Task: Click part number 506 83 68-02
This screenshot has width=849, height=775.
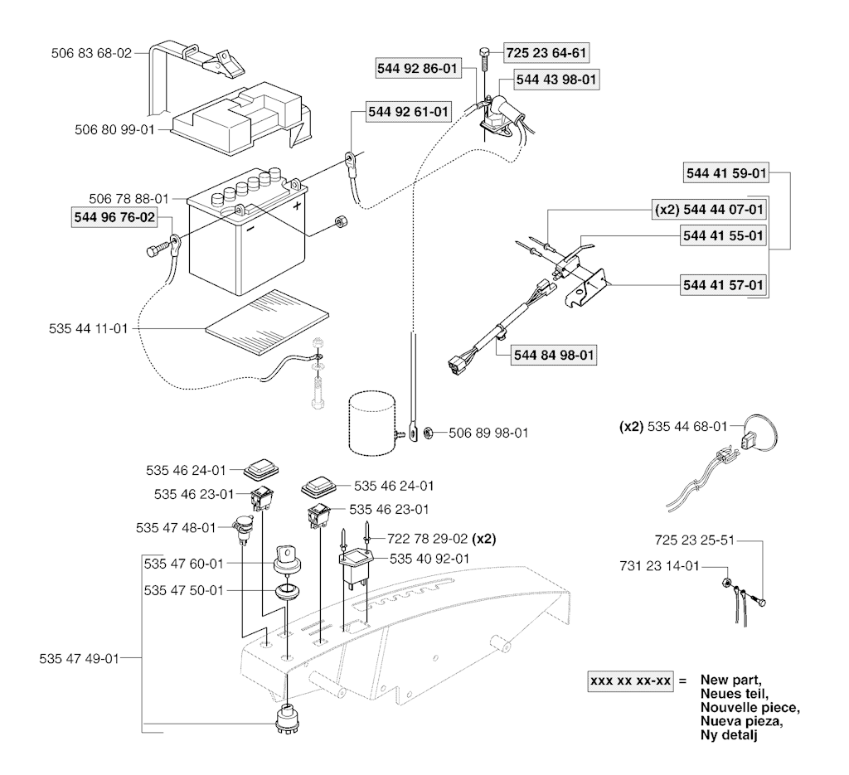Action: coord(91,53)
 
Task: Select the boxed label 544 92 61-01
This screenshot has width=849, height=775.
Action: coord(408,112)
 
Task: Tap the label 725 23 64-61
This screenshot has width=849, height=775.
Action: coord(546,53)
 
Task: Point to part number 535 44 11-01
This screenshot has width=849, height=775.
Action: coord(88,328)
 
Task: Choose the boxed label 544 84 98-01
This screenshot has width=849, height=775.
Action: coord(554,355)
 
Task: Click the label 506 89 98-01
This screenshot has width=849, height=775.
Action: coord(488,433)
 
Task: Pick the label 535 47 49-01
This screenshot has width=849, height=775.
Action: coord(79,659)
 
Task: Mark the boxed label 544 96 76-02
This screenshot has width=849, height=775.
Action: coord(114,217)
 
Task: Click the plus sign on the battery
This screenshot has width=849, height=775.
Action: coord(297,206)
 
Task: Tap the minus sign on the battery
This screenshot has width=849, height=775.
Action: coord(250,228)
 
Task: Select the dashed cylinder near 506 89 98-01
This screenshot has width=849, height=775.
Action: coord(372,424)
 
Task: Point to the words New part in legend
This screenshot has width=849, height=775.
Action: coord(730,680)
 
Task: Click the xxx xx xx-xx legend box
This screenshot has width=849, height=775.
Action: coord(631,681)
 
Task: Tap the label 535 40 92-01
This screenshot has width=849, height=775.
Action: coord(429,559)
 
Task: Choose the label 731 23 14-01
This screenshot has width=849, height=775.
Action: coord(659,566)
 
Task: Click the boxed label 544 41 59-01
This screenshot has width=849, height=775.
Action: coord(726,173)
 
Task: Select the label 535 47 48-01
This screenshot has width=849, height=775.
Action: coord(176,528)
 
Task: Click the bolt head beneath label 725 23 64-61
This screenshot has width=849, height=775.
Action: coord(484,52)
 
